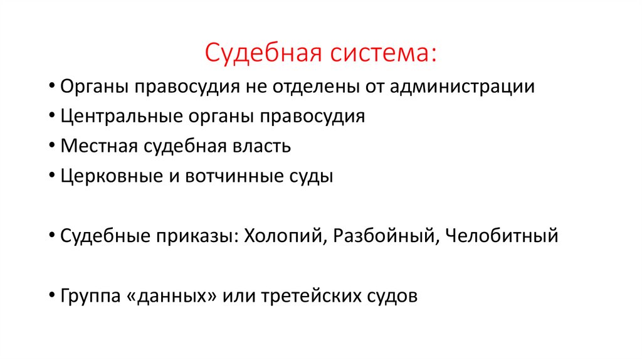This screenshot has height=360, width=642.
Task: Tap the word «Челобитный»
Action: (502, 236)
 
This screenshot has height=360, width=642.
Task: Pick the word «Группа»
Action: (87, 297)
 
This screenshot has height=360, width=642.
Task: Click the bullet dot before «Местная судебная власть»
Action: (50, 147)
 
